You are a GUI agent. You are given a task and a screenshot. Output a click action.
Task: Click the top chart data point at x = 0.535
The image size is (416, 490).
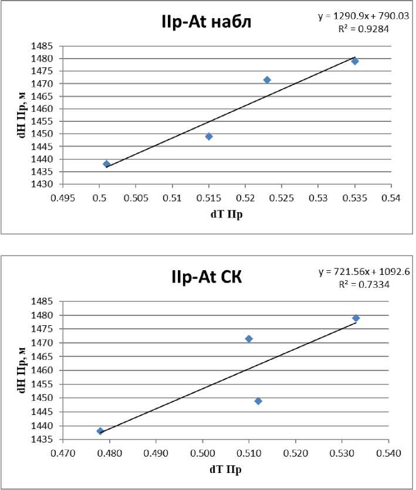point(355,61)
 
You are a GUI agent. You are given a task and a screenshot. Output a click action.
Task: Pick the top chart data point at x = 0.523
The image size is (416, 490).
point(267,80)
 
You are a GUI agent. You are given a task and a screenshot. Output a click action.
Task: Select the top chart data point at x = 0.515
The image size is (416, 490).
point(209,137)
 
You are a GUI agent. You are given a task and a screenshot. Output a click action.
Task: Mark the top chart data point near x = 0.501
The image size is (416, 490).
point(106,164)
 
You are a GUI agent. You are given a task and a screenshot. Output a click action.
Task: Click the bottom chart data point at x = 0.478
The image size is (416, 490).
point(100,431)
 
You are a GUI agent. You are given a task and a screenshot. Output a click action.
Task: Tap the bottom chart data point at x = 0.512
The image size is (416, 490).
point(258,401)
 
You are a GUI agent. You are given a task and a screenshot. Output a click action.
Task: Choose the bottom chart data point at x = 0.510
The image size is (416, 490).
point(249,339)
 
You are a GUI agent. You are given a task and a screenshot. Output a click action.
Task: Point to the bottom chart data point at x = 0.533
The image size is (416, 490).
point(356,318)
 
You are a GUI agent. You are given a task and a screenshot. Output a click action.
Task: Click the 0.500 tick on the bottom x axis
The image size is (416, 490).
point(202,453)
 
